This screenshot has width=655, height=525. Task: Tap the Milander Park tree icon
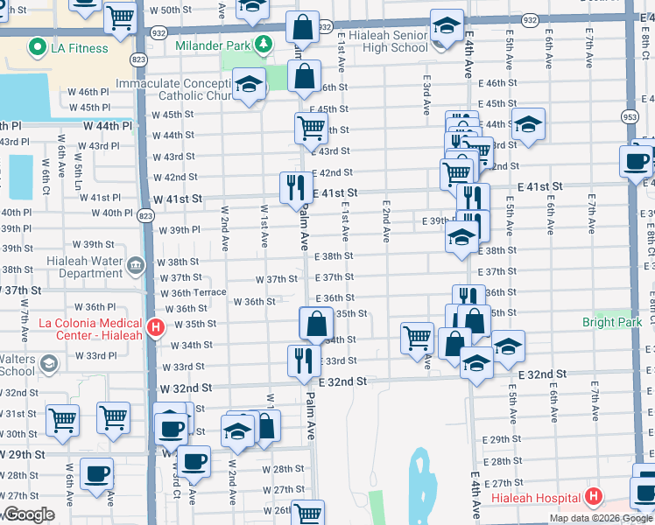pos(262,44)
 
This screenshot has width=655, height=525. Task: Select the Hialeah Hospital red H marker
pos(594,497)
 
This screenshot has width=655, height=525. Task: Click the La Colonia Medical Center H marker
pos(156,329)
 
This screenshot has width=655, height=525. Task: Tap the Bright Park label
pos(611,322)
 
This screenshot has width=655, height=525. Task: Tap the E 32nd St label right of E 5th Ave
pos(542,374)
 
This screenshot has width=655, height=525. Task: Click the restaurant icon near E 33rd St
pos(302,359)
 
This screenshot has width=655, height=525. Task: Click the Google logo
pos(30,515)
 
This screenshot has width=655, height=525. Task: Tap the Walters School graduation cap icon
pos(50,363)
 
